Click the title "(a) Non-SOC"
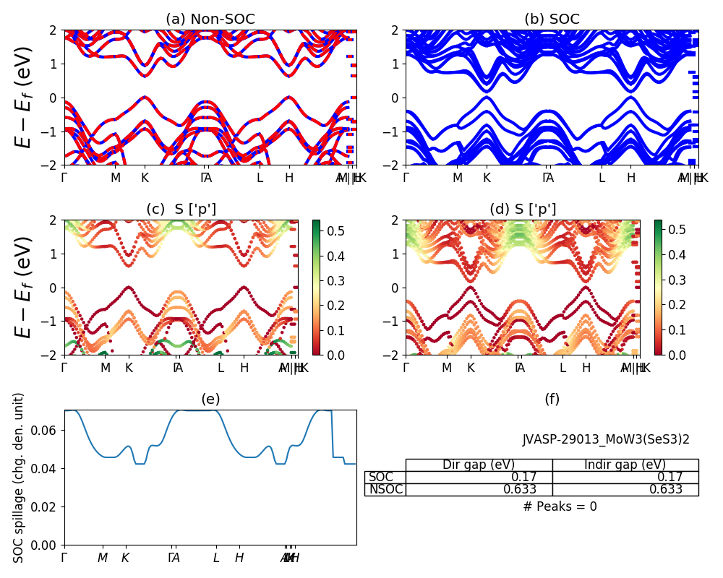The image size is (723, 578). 210,20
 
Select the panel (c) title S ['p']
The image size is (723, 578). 181,210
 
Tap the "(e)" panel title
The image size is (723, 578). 210,400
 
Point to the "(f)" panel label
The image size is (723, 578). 552,400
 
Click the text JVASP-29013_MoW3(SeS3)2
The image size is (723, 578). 606,439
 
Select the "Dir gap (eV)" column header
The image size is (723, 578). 479,465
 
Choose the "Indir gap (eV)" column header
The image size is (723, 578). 625,465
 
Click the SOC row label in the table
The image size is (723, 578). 381,477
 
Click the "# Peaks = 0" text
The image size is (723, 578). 560,506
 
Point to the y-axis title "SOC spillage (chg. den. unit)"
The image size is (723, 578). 20,478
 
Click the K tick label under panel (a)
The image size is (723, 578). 145,178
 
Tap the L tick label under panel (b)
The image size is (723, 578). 602,178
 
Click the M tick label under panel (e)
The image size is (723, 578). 103,558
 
